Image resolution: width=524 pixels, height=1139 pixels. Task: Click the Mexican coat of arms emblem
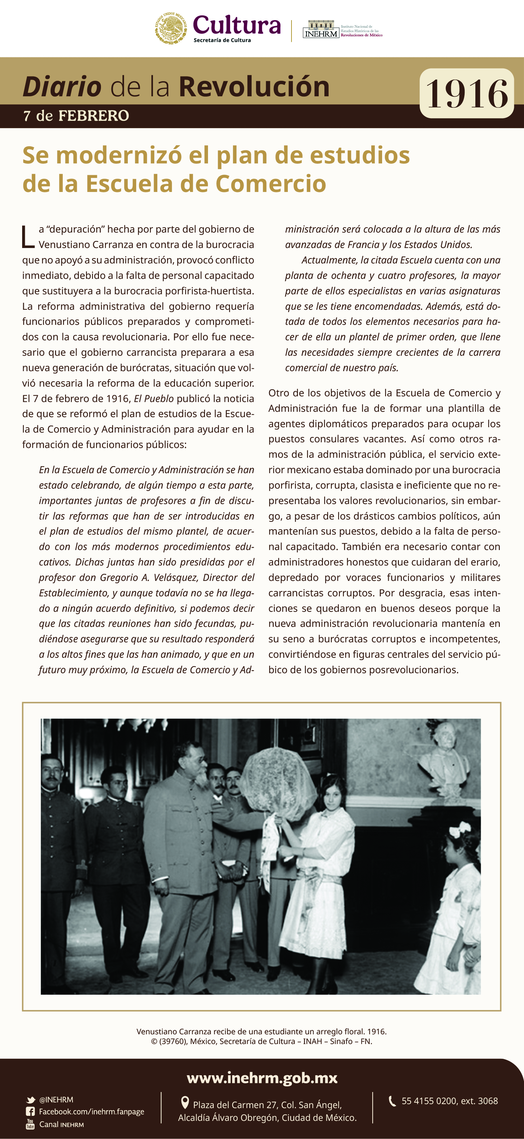(171, 28)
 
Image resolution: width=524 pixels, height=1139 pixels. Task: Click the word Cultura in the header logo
(237, 25)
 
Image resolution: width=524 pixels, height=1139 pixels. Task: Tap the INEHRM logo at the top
(321, 30)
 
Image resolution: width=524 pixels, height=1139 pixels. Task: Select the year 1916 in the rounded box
(467, 94)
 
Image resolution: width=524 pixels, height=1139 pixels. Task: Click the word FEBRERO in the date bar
(94, 116)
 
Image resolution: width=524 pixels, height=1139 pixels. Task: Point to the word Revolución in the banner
(254, 87)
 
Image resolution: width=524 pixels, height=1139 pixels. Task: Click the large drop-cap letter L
(28, 237)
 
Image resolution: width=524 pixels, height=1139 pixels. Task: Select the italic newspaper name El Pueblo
(153, 398)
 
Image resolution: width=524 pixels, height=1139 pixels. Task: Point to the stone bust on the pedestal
(444, 751)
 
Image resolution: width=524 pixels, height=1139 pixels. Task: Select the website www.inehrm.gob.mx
(262, 1078)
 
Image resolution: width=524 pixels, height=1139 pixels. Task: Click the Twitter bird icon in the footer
(31, 1100)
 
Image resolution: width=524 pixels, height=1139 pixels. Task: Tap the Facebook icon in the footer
(31, 1111)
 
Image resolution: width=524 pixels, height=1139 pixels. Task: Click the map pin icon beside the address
(185, 1103)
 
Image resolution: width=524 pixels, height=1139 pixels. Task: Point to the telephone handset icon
(392, 1101)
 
